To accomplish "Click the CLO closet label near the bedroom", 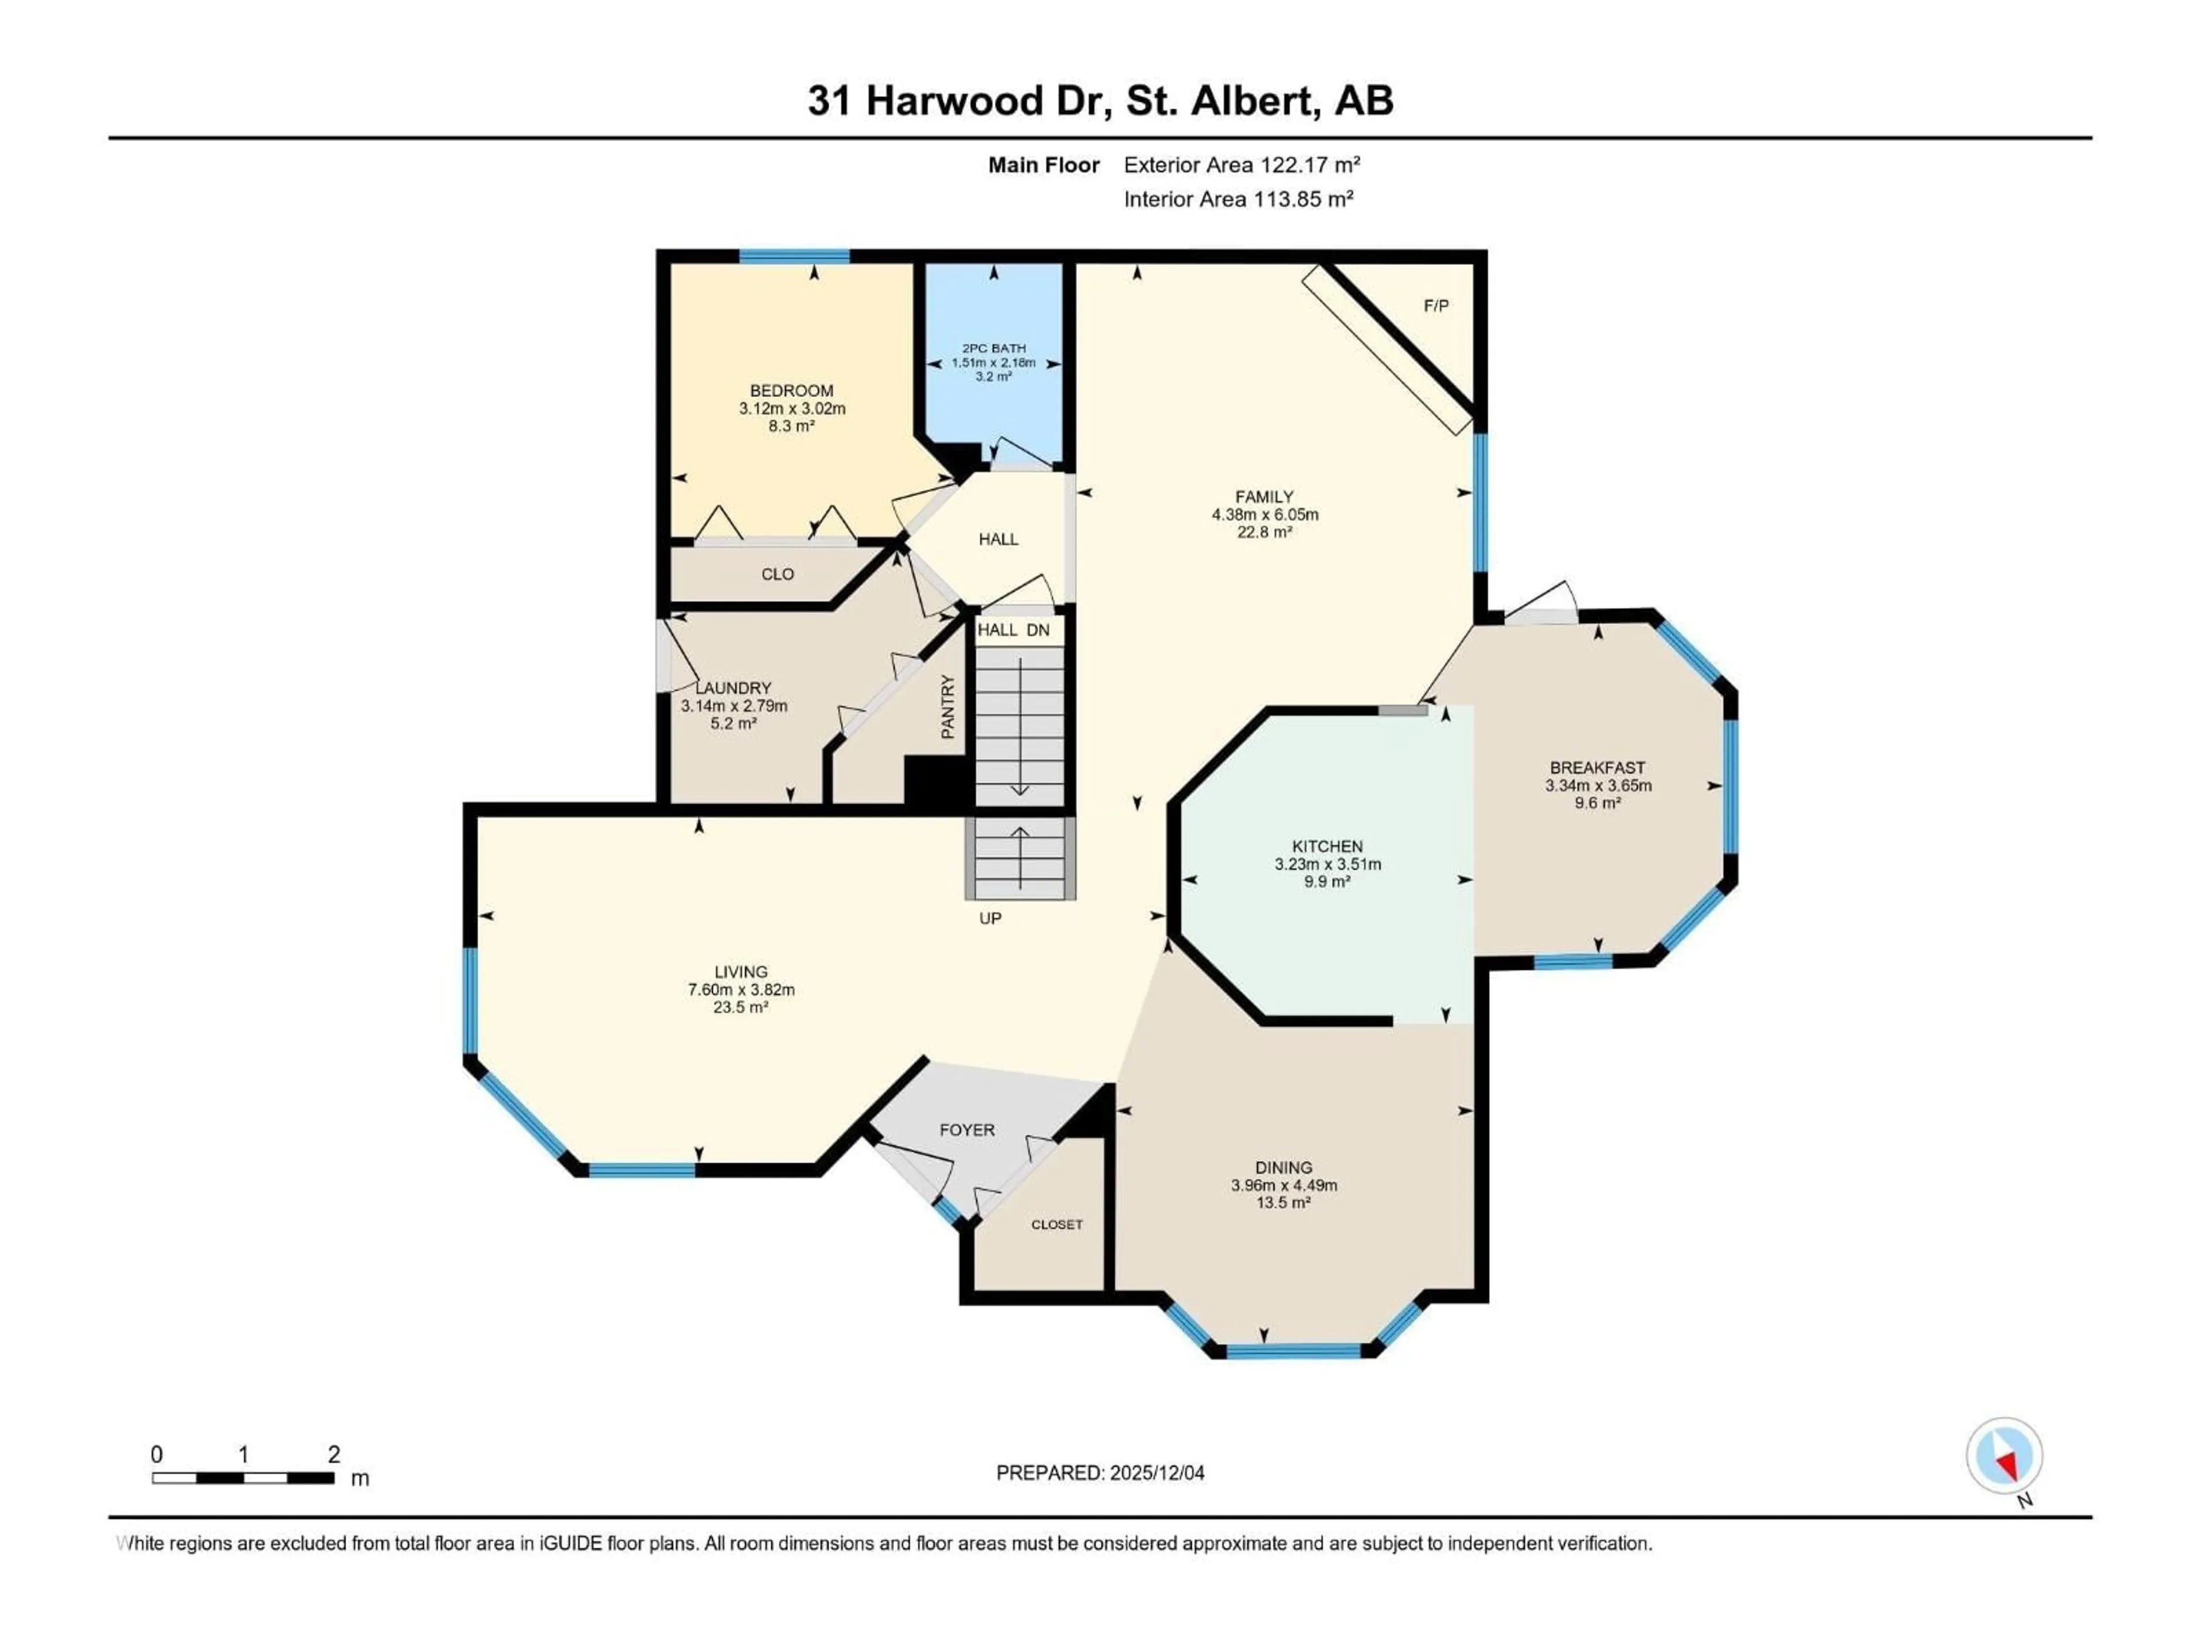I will (x=778, y=574).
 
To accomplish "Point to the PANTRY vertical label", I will (x=948, y=707).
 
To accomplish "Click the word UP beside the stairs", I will (x=990, y=918).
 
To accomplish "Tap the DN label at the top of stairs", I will (x=1038, y=630).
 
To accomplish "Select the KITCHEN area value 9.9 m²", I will (x=1327, y=882).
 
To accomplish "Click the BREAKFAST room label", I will (x=1597, y=767).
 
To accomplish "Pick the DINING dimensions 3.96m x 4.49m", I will (x=1283, y=1186).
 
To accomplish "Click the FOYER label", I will (x=967, y=1129).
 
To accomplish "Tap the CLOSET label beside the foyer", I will (x=1056, y=1224).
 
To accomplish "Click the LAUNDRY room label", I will (x=733, y=688).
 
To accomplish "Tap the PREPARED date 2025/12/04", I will (x=1155, y=1473).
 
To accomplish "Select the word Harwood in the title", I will (x=954, y=100).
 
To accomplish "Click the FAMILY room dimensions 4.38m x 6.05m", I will (x=1264, y=515).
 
